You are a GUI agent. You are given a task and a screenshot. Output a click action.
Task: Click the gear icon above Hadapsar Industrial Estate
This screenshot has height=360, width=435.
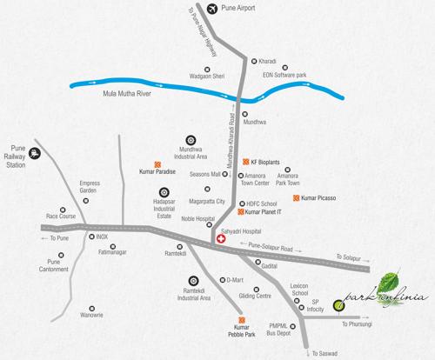pyautogui.click(x=163, y=193)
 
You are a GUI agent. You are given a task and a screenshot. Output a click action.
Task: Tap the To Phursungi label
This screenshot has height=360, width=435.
pyautogui.click(x=358, y=323)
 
